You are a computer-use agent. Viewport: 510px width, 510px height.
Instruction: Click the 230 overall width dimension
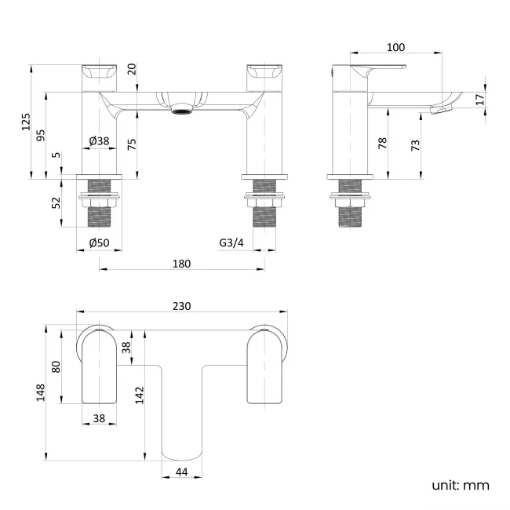pos(181,306)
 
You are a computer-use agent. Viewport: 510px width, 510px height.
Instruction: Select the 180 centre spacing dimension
pos(181,264)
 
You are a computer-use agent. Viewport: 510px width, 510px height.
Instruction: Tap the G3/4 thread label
pos(231,243)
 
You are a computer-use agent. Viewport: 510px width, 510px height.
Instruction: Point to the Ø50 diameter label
pos(99,243)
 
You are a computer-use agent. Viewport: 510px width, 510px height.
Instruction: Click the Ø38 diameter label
pos(99,140)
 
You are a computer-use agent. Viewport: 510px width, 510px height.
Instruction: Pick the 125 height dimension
pos(26,122)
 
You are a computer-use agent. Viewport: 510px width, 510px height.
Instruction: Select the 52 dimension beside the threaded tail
pos(56,202)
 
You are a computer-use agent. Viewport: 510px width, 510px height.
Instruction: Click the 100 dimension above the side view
pos(396,48)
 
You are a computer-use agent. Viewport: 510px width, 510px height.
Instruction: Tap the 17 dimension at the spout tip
pos(480,99)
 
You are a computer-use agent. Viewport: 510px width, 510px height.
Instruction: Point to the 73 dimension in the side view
pos(415,144)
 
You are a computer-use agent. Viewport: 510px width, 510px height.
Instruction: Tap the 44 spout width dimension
pos(181,472)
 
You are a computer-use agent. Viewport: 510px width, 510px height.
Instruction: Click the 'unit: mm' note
pos(460,485)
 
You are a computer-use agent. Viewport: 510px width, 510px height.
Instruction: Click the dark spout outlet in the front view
pos(182,111)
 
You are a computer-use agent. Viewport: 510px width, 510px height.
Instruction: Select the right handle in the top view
pos(267,366)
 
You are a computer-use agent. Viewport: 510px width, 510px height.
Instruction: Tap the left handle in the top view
pos(100,366)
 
